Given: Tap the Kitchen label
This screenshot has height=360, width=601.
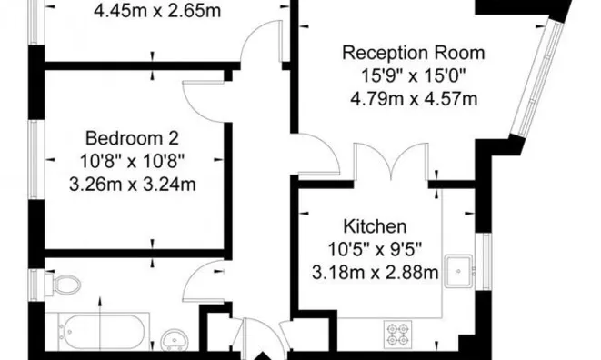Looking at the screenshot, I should click(374, 225).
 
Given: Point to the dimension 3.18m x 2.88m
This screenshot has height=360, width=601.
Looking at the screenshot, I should click(374, 272).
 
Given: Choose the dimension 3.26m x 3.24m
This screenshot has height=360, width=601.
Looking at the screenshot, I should click(133, 185).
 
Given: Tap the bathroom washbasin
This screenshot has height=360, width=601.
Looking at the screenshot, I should click(173, 340).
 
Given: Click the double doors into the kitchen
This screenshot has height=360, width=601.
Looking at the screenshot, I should click(391, 162).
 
